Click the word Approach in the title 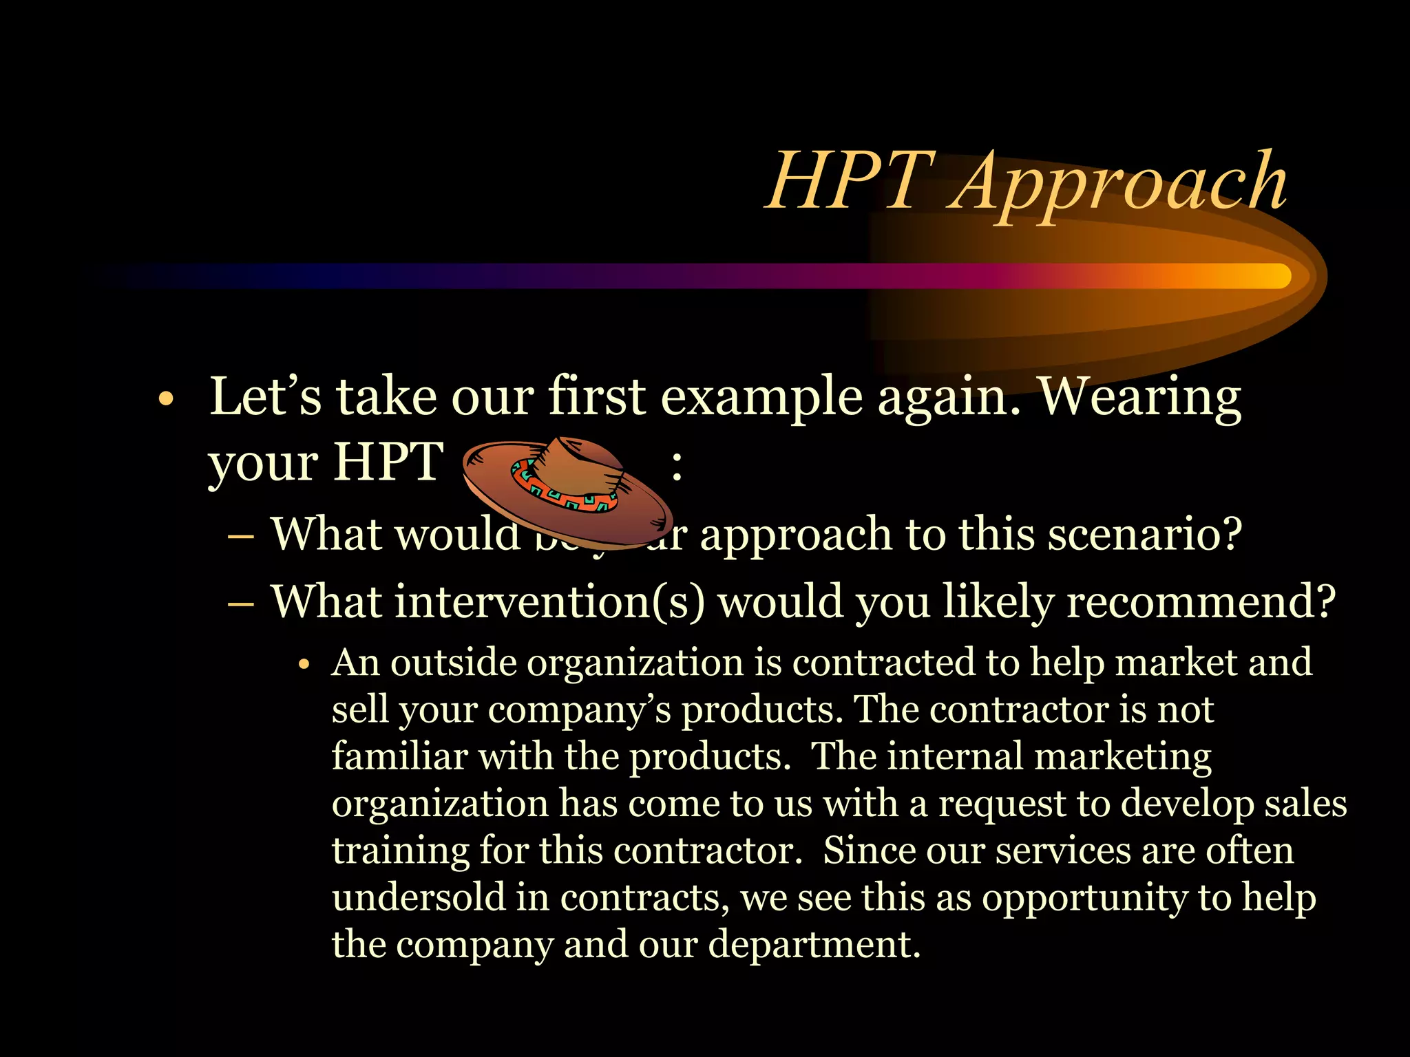(x=1119, y=183)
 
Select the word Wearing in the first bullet (x=1139, y=399)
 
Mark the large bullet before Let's (x=165, y=400)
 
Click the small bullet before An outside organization (x=305, y=665)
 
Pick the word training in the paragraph (x=400, y=852)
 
